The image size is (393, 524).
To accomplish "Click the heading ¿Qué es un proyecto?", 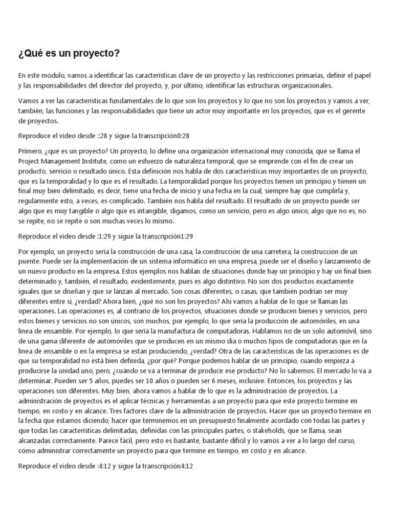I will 69,54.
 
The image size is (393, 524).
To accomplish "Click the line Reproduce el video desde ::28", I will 105,136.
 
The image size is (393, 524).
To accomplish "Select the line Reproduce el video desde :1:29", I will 105,236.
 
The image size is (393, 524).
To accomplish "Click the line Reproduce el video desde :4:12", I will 105,467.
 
